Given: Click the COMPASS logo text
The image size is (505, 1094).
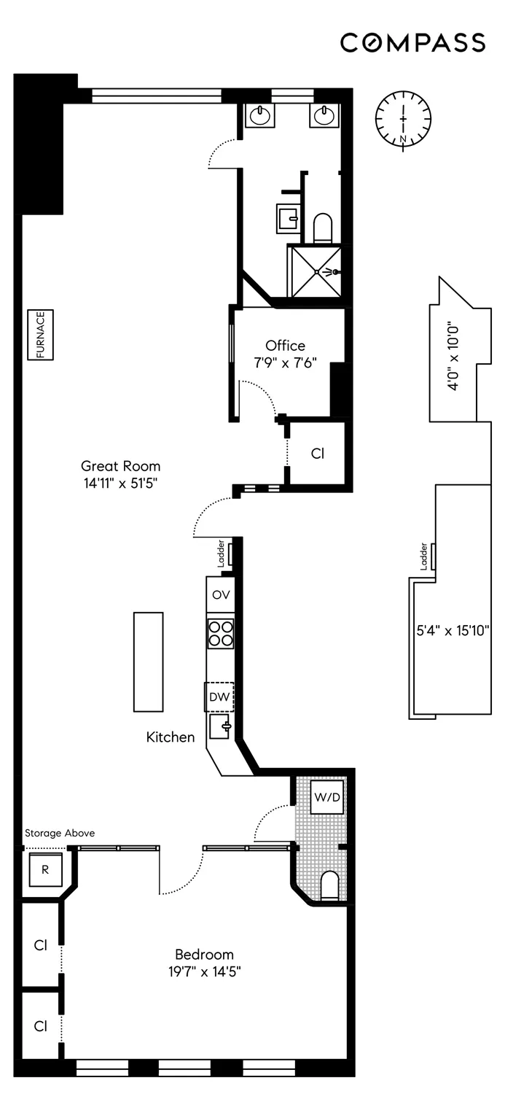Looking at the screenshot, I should coord(412,43).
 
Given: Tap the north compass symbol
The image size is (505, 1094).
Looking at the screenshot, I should coord(403,119).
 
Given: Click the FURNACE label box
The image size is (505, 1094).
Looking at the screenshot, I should coord(42,335).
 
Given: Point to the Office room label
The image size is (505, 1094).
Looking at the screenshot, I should coord(285,346).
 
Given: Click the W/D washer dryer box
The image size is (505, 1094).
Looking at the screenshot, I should coord(326,797).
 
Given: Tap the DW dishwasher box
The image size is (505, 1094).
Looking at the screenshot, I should coord(219,697).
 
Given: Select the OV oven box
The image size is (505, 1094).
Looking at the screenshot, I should coord(220,594).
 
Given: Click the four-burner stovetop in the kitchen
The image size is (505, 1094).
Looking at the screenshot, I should coord(220,633).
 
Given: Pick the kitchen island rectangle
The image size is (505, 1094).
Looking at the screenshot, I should coord(148,662).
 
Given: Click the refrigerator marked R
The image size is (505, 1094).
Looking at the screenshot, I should coord(44,869).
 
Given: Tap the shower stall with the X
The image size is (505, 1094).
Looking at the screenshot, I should coord(316,271).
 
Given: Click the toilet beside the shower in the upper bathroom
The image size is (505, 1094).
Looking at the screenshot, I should coord(322,228).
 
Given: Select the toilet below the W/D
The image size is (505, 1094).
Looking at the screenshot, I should coord(330,885).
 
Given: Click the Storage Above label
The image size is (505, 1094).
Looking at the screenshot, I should coord(60,833).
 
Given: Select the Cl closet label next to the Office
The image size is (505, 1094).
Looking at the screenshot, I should coord(317,453).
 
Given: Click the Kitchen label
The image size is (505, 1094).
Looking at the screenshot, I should coord(171,737).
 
